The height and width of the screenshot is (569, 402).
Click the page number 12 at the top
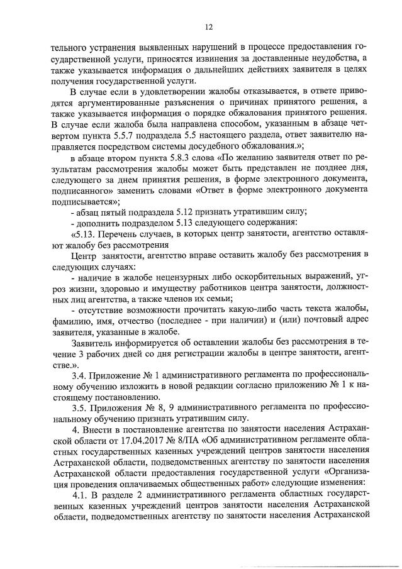tap(208, 26)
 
